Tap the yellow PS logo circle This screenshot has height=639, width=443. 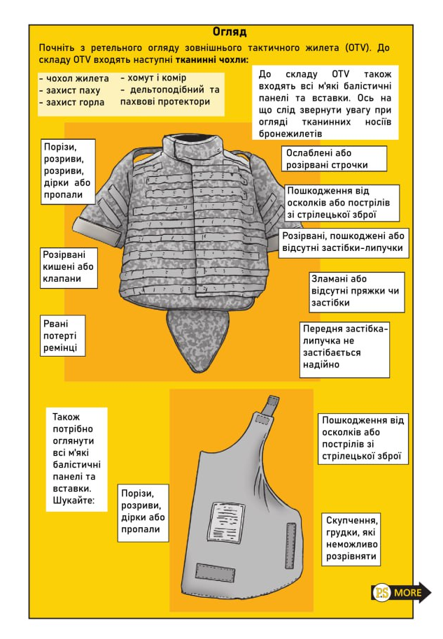point(381,593)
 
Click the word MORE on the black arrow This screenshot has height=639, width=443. point(408,593)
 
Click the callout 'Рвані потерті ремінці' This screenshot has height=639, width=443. point(63,336)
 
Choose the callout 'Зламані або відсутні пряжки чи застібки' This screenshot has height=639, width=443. point(357,291)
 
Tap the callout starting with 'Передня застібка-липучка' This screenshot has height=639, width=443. point(345,346)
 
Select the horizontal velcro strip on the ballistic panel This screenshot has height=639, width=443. point(217,571)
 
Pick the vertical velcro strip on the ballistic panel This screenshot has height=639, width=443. point(290,545)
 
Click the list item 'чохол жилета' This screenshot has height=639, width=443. point(75,78)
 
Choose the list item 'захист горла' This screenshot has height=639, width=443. point(72,102)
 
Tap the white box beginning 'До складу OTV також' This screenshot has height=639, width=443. point(325,103)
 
